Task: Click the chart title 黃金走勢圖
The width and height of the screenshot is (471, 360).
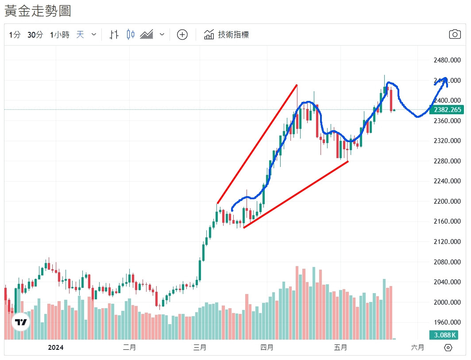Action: click(x=38, y=11)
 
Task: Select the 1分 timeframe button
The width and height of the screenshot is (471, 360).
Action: click(x=15, y=35)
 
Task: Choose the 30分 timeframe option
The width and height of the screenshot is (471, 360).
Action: click(x=35, y=35)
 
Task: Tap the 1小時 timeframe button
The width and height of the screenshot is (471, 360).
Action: click(x=59, y=35)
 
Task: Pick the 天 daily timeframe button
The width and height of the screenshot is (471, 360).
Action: click(x=80, y=35)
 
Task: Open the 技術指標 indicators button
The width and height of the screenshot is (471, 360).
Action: click(x=226, y=35)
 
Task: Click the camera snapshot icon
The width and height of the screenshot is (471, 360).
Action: click(x=455, y=35)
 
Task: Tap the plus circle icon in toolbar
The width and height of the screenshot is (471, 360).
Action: click(x=182, y=35)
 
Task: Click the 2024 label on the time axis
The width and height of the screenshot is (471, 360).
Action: click(x=56, y=348)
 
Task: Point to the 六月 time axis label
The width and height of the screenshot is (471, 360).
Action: click(x=417, y=348)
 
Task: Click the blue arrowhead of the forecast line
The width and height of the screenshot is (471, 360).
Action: click(x=444, y=80)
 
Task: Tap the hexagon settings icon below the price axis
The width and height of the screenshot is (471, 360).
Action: click(x=448, y=348)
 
